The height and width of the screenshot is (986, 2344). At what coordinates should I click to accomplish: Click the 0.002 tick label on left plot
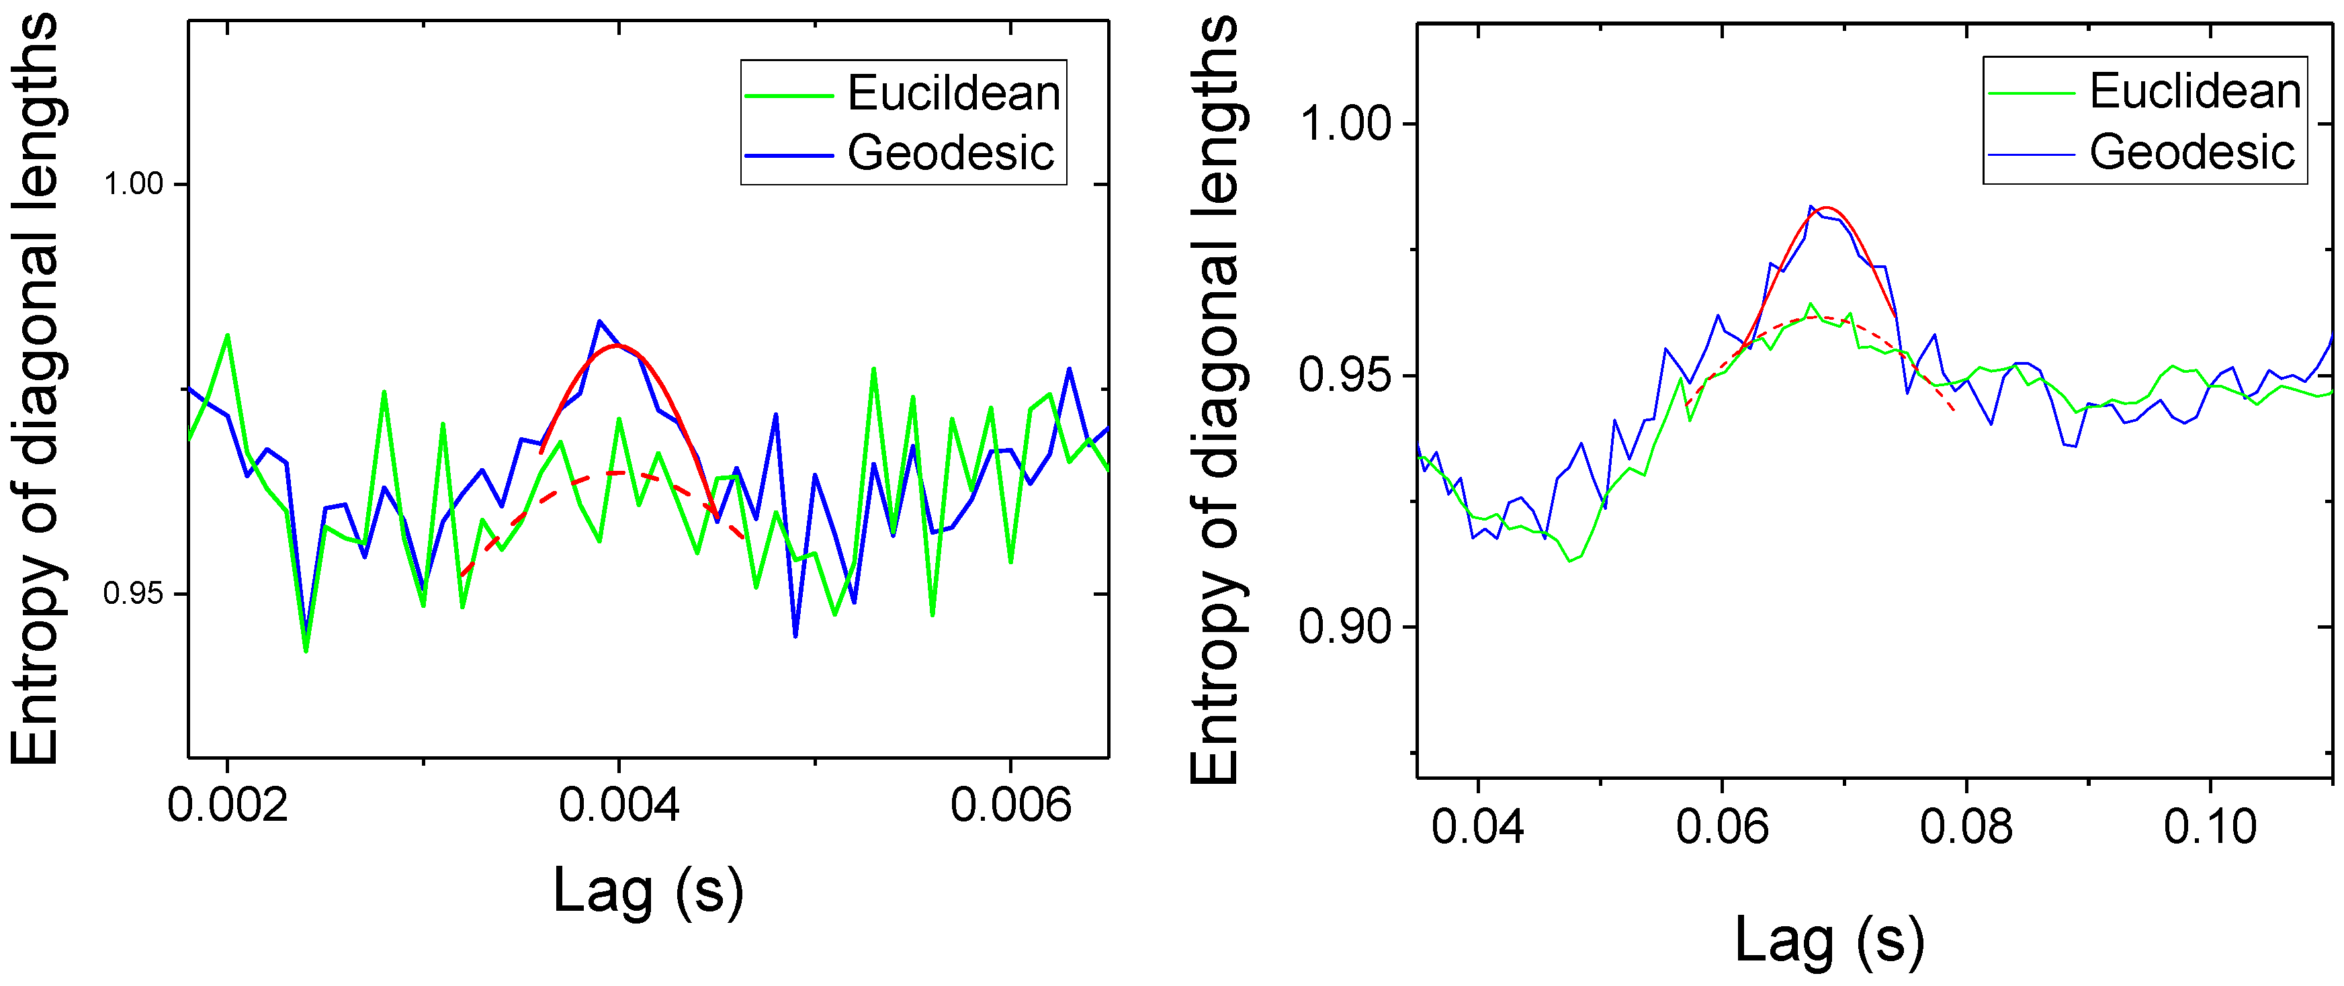[x=228, y=805]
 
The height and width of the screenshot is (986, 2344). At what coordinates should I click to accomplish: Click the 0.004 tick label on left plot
[x=619, y=805]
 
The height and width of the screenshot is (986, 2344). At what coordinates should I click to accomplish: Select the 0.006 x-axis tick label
[x=1010, y=805]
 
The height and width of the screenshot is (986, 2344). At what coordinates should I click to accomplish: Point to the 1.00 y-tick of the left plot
[x=133, y=184]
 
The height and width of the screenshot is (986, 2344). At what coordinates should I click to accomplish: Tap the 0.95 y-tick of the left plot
[x=133, y=593]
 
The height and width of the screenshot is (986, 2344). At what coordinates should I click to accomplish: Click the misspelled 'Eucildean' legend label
[x=953, y=93]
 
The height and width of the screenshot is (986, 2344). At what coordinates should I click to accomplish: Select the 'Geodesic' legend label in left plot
[x=951, y=153]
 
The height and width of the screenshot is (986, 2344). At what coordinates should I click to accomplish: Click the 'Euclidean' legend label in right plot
[x=2195, y=91]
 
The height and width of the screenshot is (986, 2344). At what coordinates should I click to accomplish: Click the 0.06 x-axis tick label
[x=1722, y=826]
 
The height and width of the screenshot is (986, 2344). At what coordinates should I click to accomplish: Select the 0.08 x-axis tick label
[x=1966, y=826]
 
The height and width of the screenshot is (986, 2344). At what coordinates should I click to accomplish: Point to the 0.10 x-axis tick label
[x=2210, y=826]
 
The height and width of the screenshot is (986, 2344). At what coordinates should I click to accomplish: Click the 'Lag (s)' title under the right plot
[x=1829, y=939]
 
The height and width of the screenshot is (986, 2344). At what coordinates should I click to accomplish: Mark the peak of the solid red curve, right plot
[x=1825, y=208]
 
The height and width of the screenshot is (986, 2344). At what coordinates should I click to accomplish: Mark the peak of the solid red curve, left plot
[x=619, y=346]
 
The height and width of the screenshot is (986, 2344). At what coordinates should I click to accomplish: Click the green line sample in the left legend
[x=789, y=95]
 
